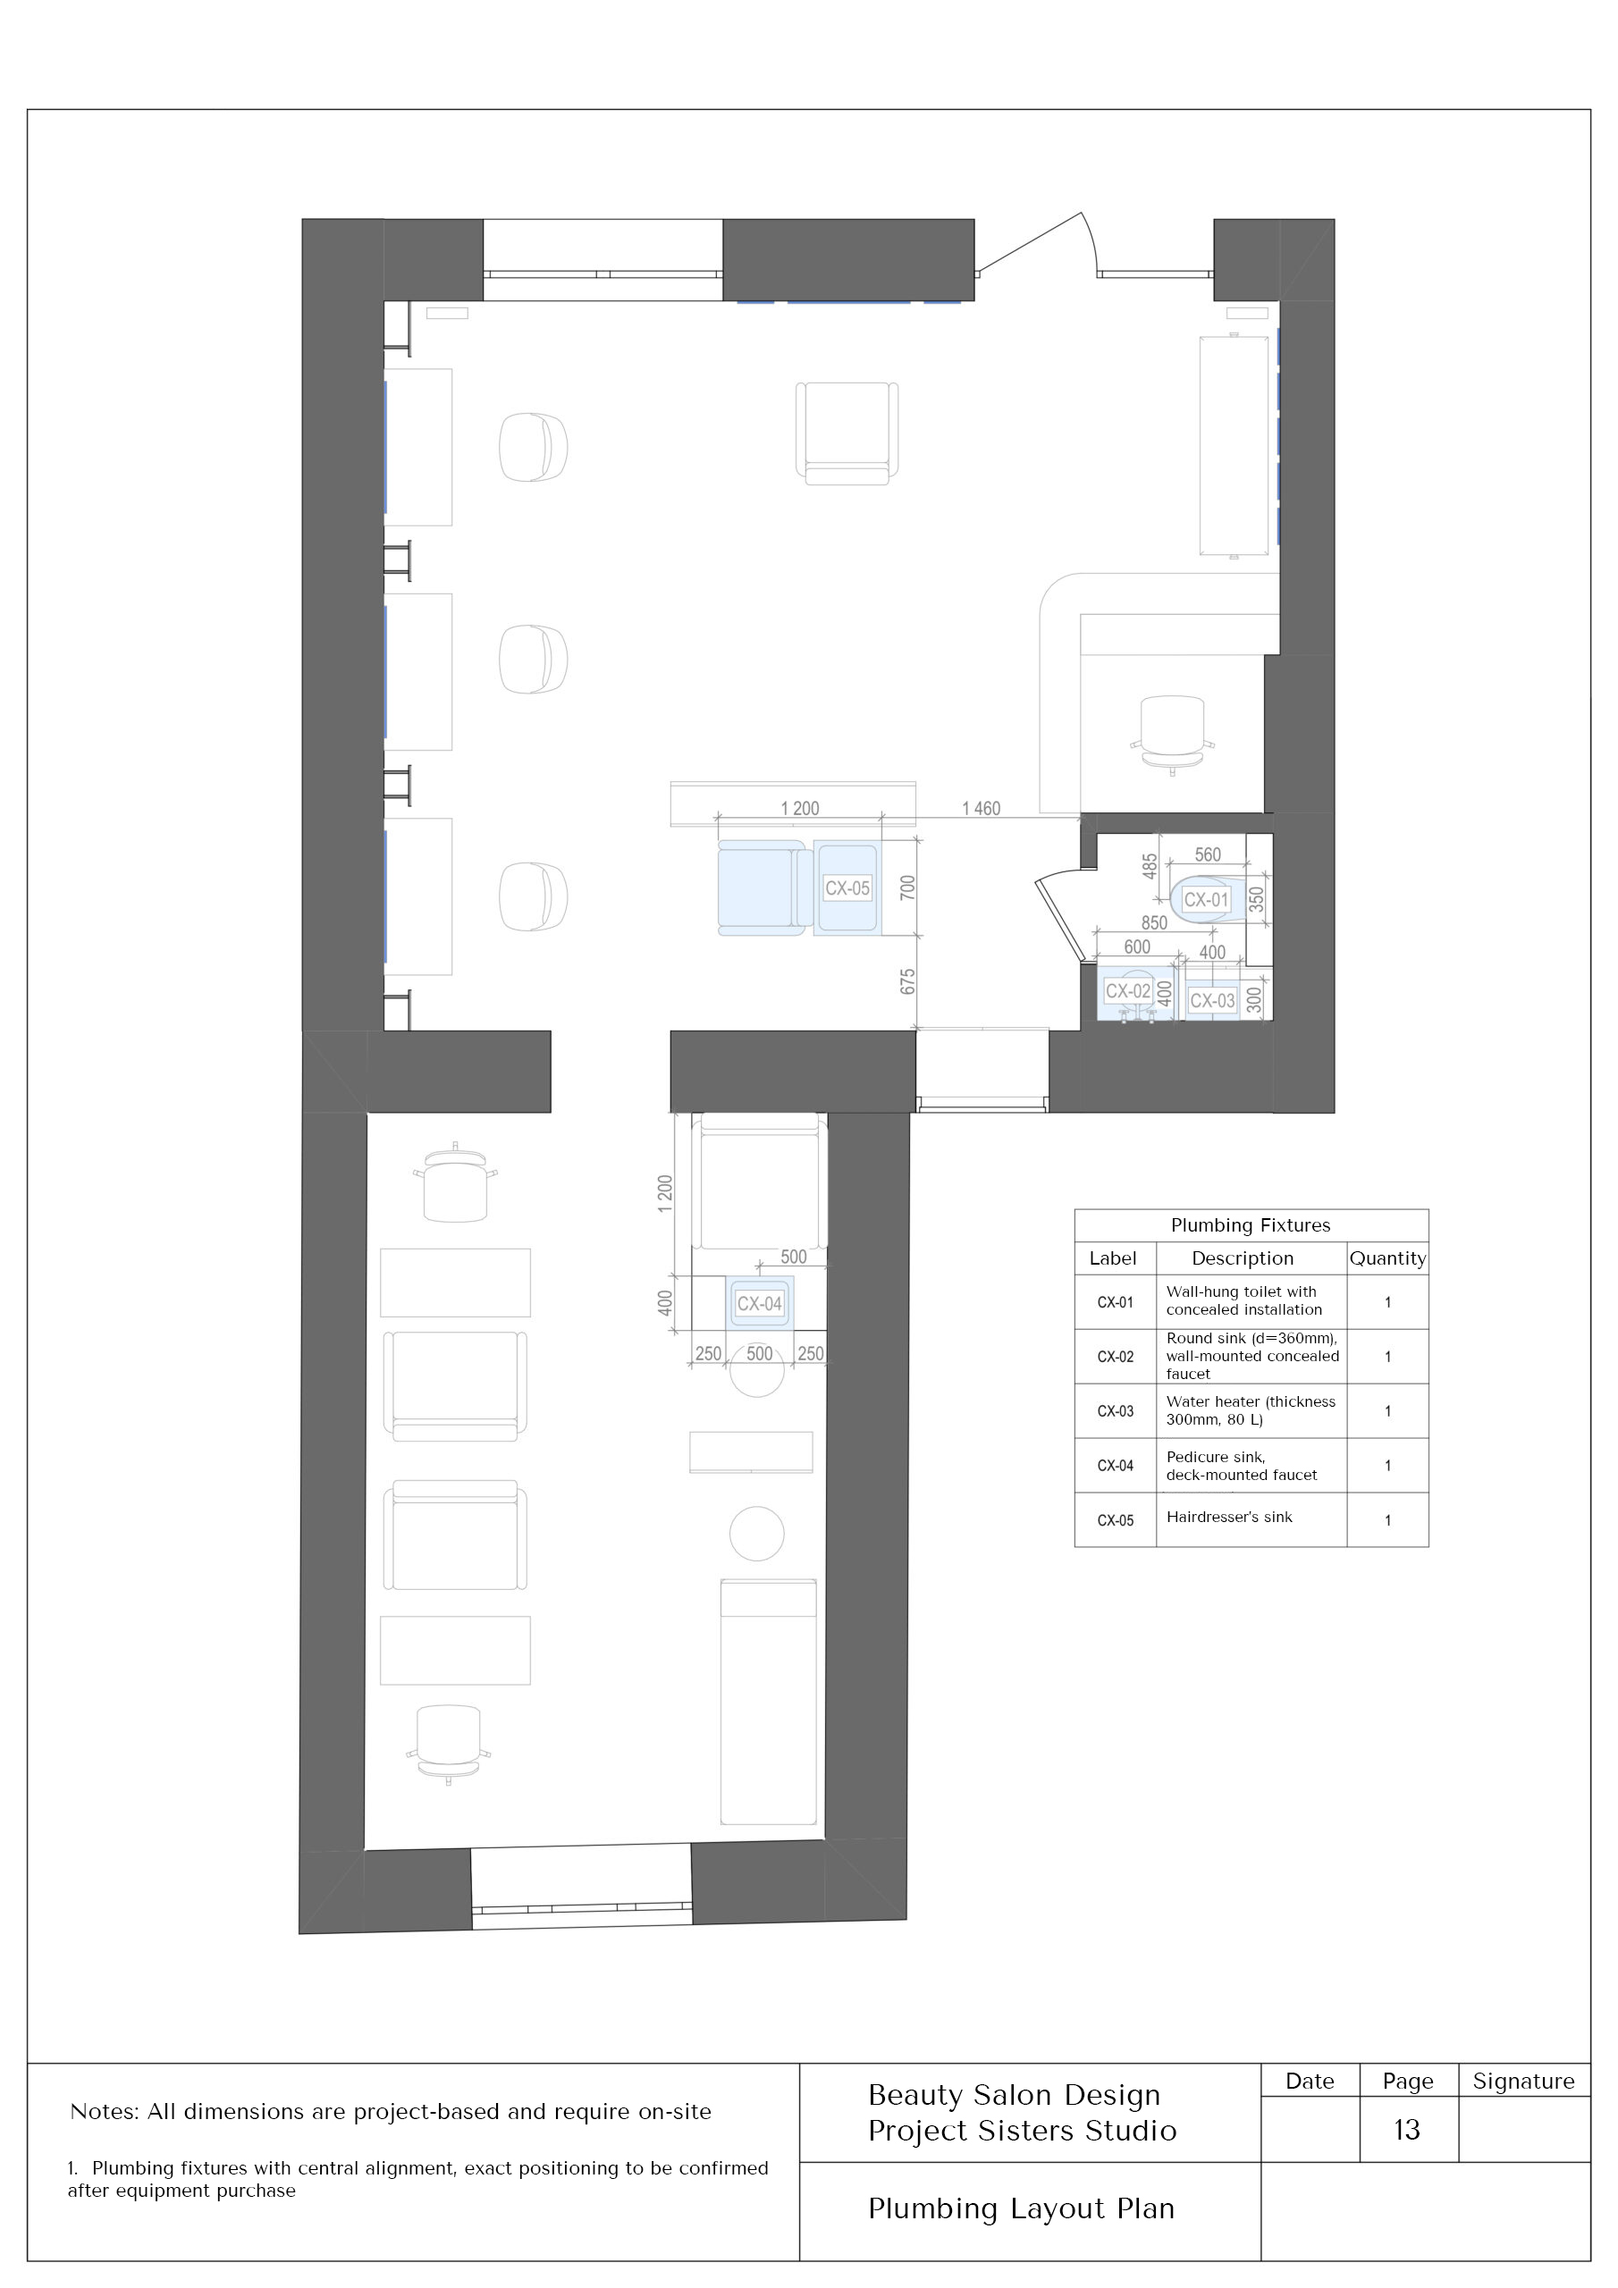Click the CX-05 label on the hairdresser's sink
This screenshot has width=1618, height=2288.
coord(847,887)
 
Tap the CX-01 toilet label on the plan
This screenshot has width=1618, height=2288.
coord(1205,900)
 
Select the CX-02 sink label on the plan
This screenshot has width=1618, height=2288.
coord(1127,991)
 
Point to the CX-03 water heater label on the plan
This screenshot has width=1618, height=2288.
coord(1212,1000)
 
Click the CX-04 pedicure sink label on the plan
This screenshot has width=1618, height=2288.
coord(760,1303)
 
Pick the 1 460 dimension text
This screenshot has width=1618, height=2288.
coord(981,808)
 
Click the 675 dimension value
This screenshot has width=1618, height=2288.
coord(907,980)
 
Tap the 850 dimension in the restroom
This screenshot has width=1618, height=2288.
coord(1154,922)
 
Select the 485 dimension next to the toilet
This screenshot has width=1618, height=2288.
coord(1150,866)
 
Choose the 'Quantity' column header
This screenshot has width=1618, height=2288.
coord(1387,1258)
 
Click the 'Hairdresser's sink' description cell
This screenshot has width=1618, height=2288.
coord(1229,1517)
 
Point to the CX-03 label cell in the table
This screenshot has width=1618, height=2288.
coord(1116,1411)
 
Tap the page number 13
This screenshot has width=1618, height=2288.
coord(1407,2130)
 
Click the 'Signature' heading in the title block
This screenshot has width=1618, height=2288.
coord(1523,2081)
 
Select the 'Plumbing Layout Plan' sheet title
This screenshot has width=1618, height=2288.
coord(1021,2209)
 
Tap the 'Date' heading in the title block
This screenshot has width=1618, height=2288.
coord(1310,2081)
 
